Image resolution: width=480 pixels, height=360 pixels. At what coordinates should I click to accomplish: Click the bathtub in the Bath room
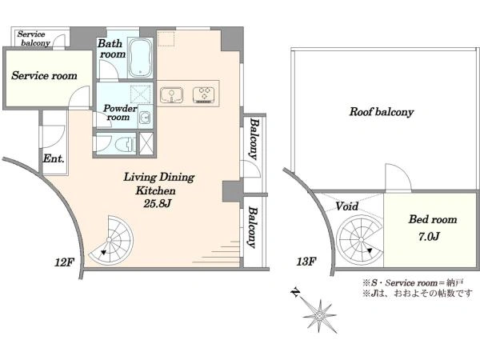point(140,58)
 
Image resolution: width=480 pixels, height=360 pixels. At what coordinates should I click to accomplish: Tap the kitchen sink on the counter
point(171,94)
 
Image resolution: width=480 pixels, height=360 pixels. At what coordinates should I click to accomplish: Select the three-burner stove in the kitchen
point(203,94)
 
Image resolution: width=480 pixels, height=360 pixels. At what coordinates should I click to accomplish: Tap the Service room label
point(44,76)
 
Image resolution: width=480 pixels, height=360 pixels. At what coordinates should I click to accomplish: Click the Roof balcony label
point(381,112)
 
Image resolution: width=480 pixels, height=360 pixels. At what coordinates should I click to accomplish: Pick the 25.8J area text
point(157,204)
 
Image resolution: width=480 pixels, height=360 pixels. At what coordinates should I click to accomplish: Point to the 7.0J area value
point(429,236)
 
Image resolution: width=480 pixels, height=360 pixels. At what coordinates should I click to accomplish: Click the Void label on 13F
point(347,206)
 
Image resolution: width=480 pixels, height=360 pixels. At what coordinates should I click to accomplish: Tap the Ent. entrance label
point(54,158)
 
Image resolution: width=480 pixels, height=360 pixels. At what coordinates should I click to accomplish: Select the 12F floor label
point(65,262)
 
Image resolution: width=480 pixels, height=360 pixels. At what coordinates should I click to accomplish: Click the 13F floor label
point(306,262)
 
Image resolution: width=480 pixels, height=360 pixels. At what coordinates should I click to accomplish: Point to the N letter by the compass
point(294,292)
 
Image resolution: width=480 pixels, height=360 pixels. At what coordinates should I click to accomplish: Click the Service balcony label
point(33,38)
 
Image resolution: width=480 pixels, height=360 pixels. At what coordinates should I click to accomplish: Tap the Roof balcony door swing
point(398,178)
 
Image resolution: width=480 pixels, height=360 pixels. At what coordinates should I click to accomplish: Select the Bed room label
point(433,219)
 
